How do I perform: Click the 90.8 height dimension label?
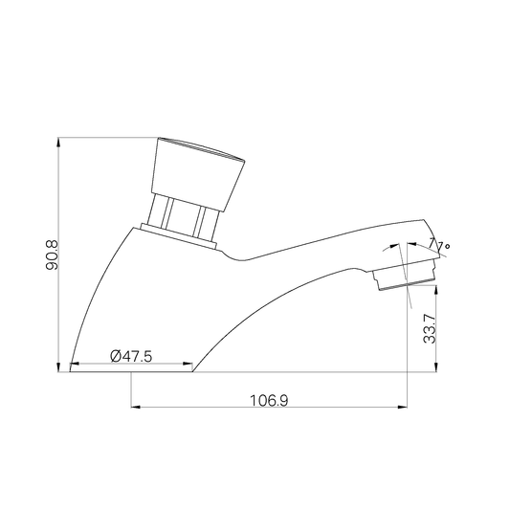[x=52, y=255]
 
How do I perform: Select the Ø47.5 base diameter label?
[x=131, y=356]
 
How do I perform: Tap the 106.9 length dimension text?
[x=269, y=400]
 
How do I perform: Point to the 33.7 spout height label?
[x=430, y=328]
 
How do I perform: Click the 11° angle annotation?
[x=439, y=245]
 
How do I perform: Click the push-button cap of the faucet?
[x=198, y=174]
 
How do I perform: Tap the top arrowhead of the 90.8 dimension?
[x=58, y=142]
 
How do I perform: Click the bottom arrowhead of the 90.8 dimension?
[x=58, y=367]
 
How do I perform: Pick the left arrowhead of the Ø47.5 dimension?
[x=75, y=364]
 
